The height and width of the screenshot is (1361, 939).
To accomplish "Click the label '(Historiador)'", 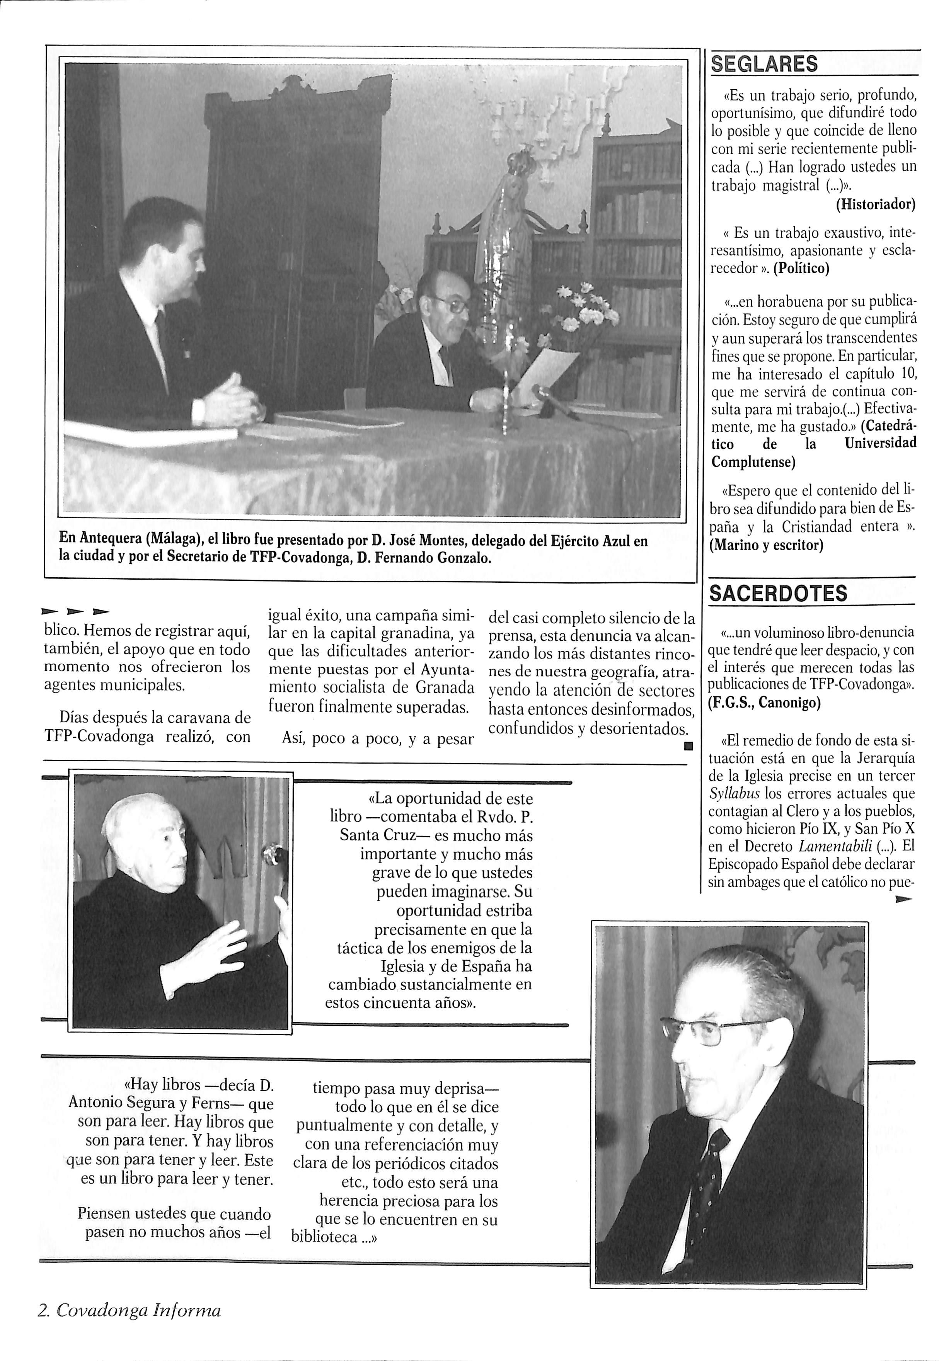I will (x=876, y=205).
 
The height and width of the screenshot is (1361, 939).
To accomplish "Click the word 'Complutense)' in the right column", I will (x=753, y=462).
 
